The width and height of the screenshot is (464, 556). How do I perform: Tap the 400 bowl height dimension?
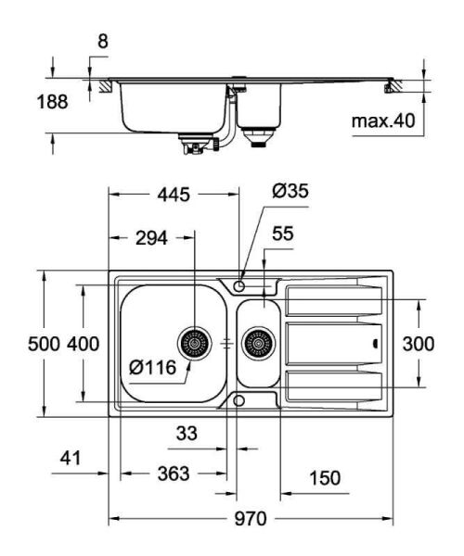coord(83,344)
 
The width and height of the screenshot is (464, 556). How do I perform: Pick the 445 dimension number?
coord(173,195)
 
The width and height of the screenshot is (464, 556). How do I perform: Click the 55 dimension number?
coord(282,234)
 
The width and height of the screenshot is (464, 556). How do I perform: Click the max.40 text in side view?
coord(382,121)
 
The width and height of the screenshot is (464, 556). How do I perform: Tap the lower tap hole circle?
coord(239,400)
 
